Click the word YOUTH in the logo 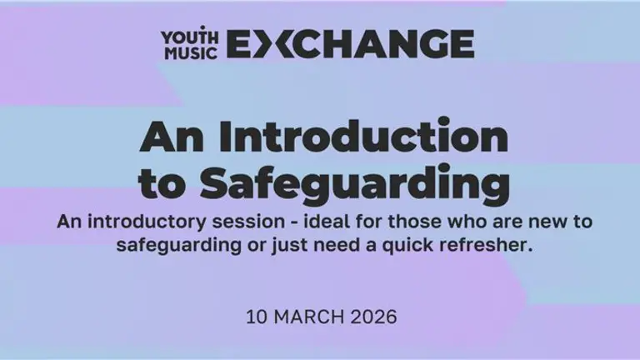coord(183,36)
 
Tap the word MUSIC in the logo coord(183,52)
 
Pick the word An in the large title coord(171,137)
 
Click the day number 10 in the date coord(255,317)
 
